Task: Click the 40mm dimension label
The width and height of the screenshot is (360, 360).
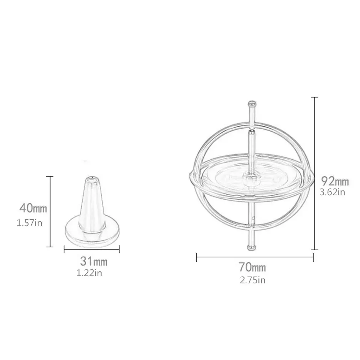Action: coord(34,207)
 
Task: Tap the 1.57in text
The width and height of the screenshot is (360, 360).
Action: coord(30,223)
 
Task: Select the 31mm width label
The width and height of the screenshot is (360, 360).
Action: coord(93,261)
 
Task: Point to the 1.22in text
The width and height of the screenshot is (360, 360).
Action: coord(92,273)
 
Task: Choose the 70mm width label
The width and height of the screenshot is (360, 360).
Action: coord(252,267)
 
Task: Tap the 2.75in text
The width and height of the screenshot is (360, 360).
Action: coord(252,280)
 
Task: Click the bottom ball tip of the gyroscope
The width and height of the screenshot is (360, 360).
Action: coord(252,247)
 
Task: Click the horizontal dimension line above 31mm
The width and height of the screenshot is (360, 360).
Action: coord(92,249)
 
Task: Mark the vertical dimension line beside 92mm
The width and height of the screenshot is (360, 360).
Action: coord(314,173)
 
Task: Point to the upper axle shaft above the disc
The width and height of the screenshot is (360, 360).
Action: coord(251,150)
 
